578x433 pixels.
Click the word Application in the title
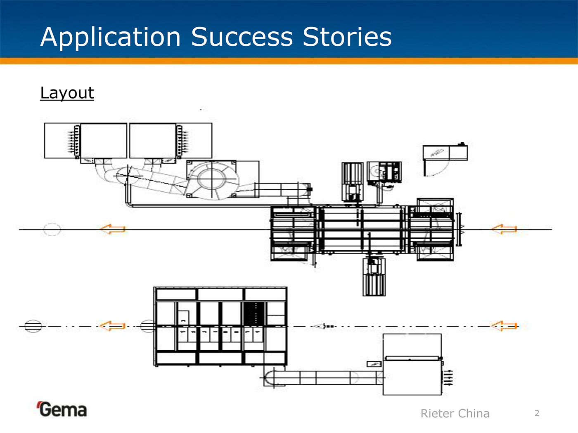point(111,37)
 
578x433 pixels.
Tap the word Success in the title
point(242,37)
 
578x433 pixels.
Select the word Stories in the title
point(347,37)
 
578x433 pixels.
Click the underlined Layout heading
point(67,93)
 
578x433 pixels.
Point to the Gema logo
point(62,409)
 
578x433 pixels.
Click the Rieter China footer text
point(455,413)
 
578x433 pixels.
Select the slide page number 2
point(537,413)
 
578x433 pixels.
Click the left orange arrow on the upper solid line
point(113,229)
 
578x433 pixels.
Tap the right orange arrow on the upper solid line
point(504,229)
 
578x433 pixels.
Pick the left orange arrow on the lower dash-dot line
point(112,326)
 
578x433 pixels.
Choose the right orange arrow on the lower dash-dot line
point(504,326)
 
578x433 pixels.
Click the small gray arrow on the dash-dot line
point(319,326)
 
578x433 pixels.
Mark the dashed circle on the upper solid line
point(52,229)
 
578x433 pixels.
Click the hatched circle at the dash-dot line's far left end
point(33,326)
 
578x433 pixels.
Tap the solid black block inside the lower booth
point(254,313)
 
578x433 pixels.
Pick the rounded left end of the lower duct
point(269,378)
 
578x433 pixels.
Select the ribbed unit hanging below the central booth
point(374,277)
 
